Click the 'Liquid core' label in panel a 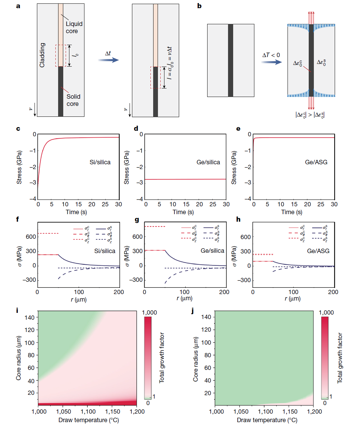click(74, 27)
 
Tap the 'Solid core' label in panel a click(73, 100)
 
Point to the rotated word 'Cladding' click(42, 55)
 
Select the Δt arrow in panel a click(108, 60)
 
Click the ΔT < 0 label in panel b click(271, 55)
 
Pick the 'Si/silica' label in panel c click(100, 162)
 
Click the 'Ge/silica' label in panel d click(208, 162)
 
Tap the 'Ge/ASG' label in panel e click(316, 162)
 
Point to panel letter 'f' click(18, 220)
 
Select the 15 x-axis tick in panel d click(186, 204)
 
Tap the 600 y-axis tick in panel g click(137, 237)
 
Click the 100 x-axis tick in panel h click(293, 292)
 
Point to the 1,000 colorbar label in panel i click(149, 313)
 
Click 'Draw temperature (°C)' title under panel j click(267, 420)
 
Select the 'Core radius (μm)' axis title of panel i click(19, 358)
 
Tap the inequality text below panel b click(310, 115)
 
